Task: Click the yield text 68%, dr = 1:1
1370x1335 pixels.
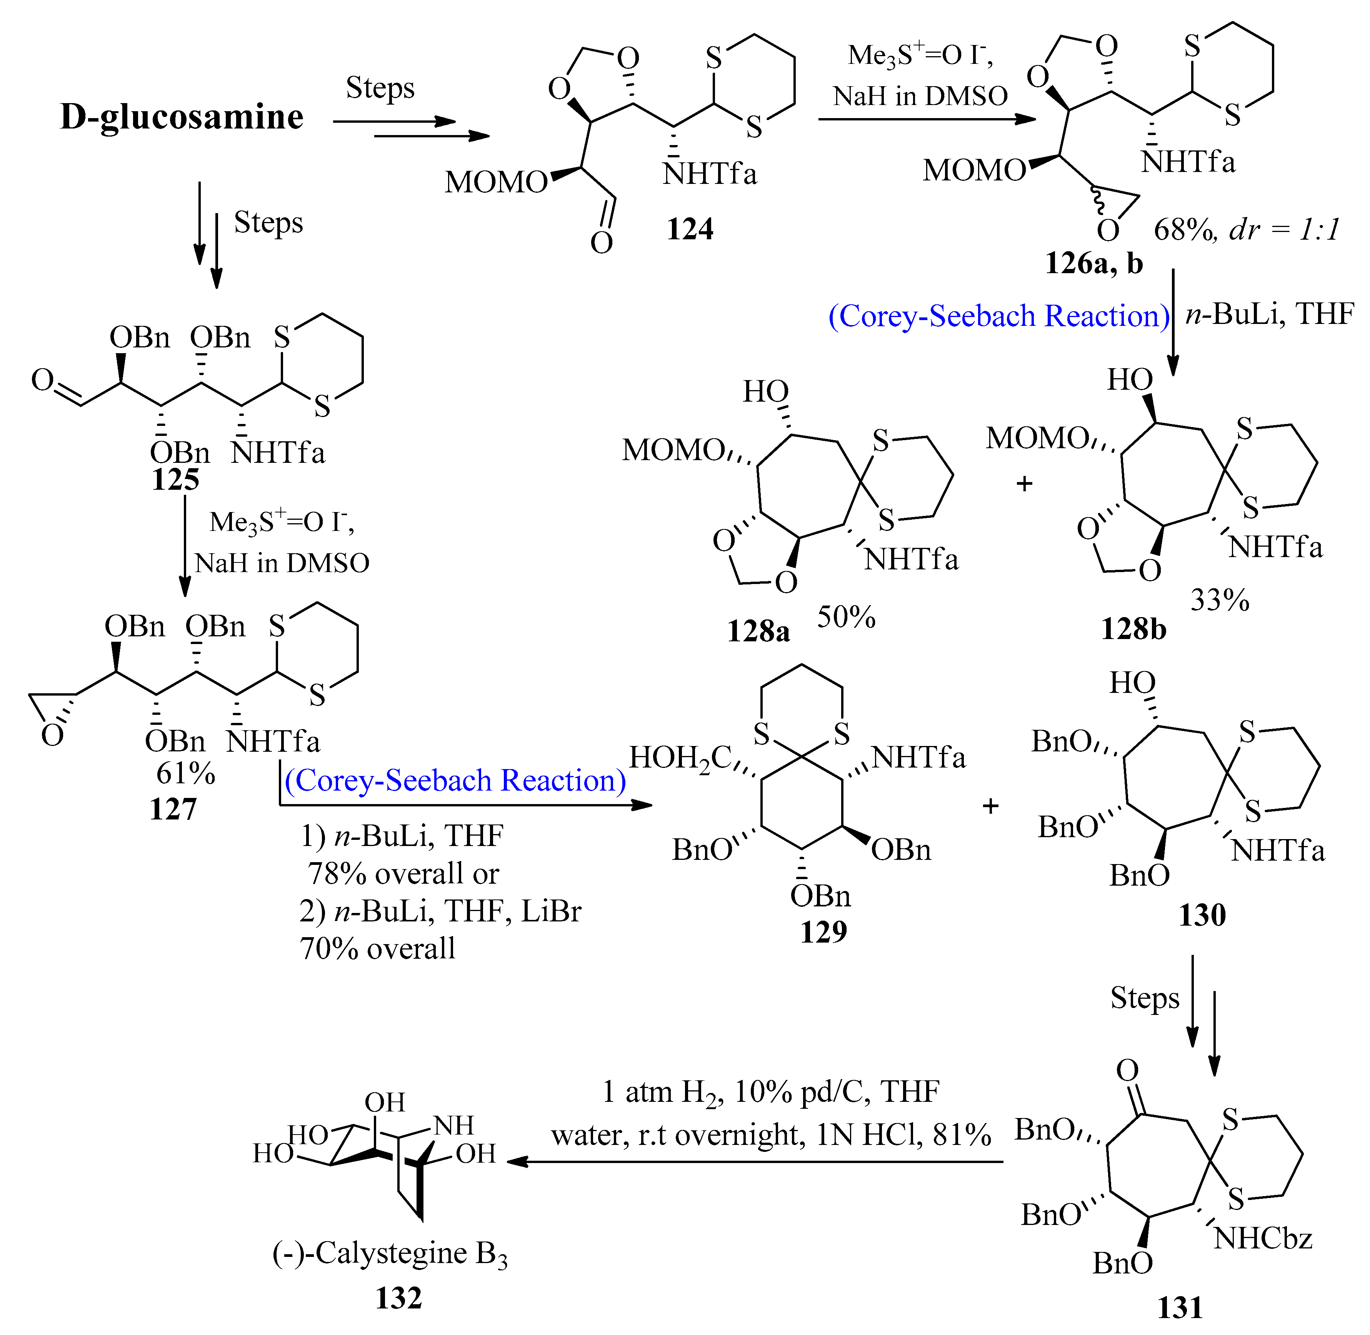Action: click(1247, 229)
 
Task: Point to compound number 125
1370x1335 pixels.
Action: click(175, 480)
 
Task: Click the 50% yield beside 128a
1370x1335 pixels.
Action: click(845, 617)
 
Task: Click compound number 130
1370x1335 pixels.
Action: click(1201, 915)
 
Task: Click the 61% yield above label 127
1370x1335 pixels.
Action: click(185, 773)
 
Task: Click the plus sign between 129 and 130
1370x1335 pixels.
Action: click(990, 806)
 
